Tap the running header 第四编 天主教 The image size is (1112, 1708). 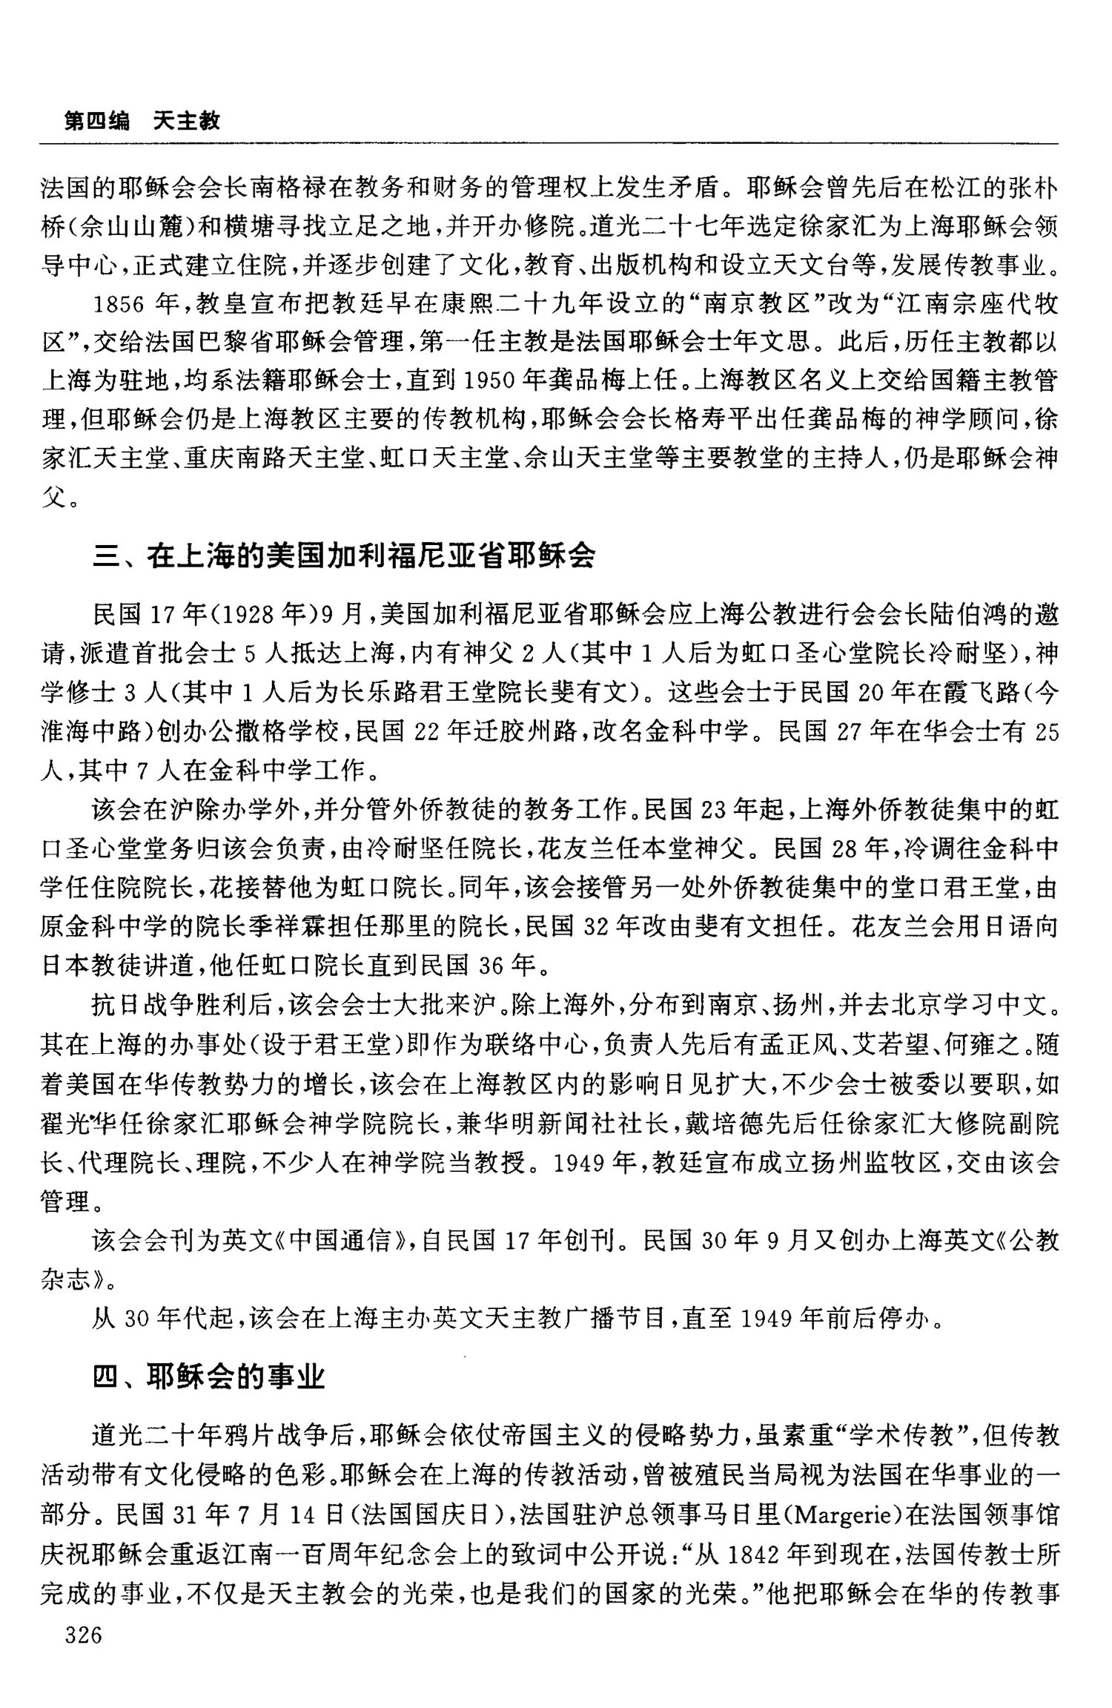(142, 120)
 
